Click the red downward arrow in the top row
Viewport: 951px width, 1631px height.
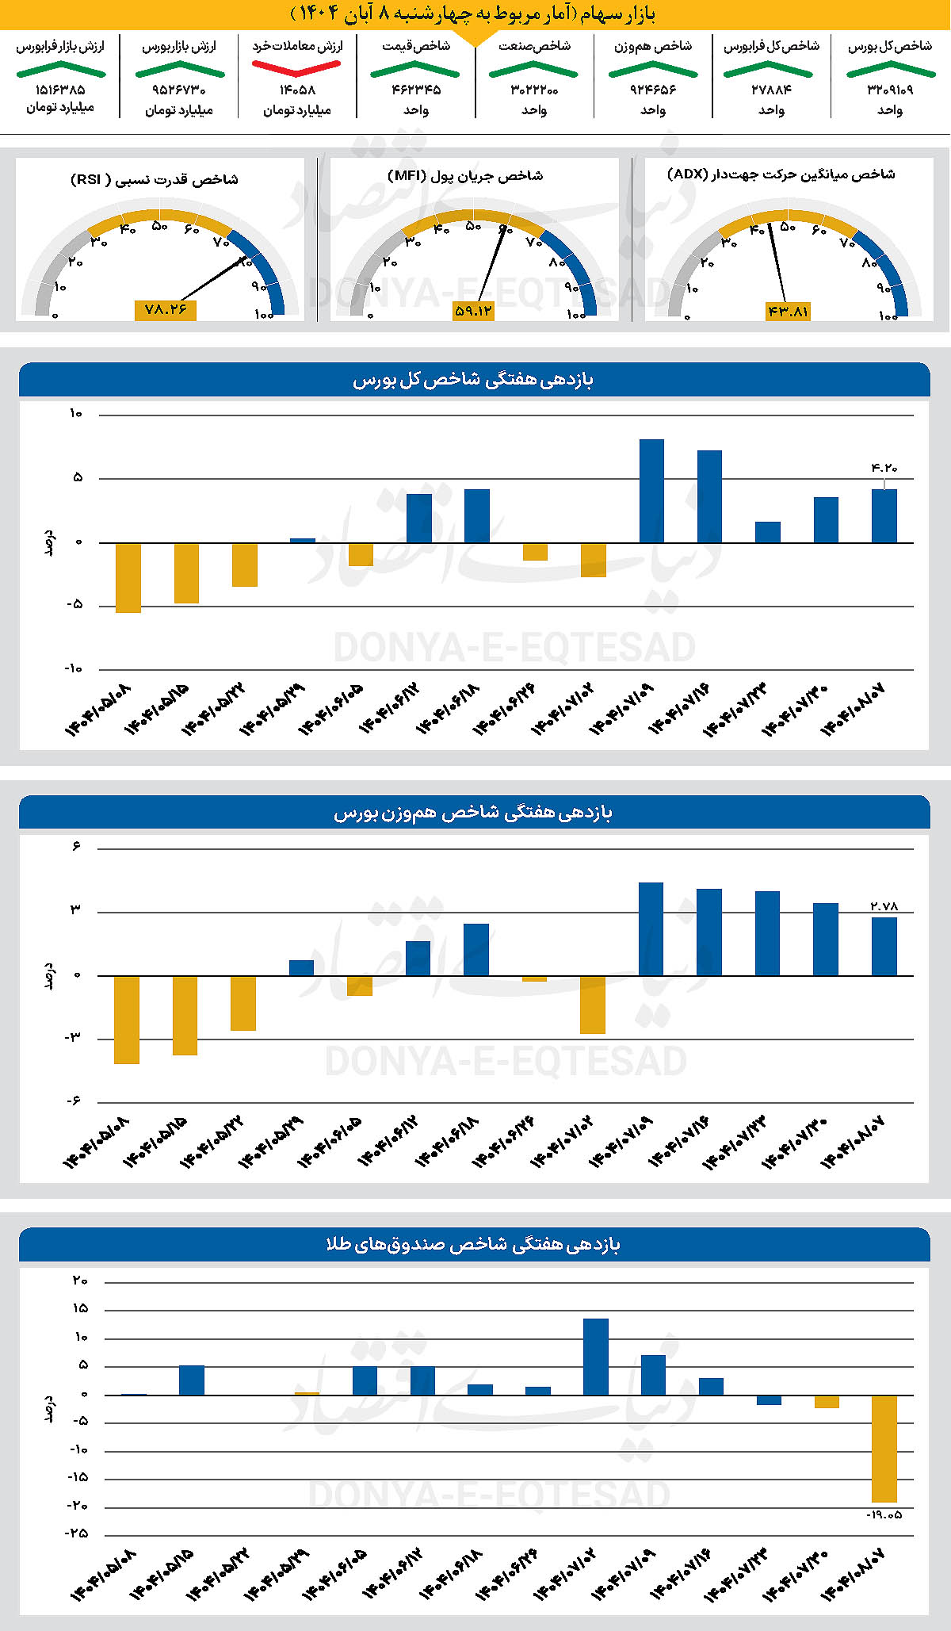[x=296, y=69]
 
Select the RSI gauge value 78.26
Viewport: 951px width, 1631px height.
[x=165, y=310]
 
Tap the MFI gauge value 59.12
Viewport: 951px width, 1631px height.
[x=473, y=312]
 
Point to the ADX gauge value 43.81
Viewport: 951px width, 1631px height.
[x=788, y=312]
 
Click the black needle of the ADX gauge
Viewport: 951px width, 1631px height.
[x=777, y=262]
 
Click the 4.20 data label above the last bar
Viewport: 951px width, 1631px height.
[x=884, y=468]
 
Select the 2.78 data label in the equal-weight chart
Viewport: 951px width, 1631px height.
[x=884, y=905]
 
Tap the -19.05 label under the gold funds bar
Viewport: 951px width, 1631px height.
[x=884, y=1514]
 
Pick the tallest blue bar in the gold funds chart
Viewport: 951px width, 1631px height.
[x=595, y=1357]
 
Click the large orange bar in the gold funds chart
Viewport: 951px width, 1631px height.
[x=884, y=1449]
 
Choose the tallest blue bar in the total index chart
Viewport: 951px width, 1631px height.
[x=651, y=491]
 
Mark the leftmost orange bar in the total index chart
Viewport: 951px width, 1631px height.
[x=128, y=578]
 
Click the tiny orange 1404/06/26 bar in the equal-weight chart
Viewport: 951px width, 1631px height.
[x=534, y=978]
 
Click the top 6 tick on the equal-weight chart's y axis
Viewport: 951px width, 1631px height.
[x=76, y=847]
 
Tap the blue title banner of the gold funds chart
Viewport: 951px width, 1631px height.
[x=474, y=1245]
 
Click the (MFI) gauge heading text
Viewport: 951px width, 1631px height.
[x=465, y=175]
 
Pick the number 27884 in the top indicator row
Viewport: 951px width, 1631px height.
[x=771, y=90]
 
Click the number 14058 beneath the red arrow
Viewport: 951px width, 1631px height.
[x=297, y=90]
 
